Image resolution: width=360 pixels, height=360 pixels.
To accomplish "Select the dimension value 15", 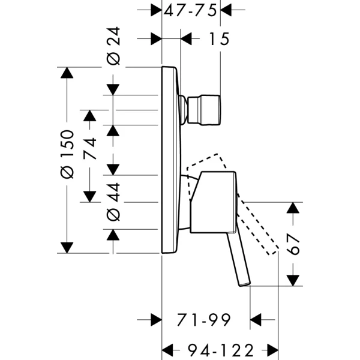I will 220,39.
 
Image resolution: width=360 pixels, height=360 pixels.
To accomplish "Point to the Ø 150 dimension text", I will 67,154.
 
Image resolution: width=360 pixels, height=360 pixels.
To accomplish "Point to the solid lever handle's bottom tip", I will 243,282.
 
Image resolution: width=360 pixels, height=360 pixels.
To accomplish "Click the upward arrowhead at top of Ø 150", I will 67,73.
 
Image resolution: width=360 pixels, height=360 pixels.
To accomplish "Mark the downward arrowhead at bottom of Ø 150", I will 67,247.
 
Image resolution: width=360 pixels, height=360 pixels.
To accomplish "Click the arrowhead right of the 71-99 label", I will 256,320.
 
